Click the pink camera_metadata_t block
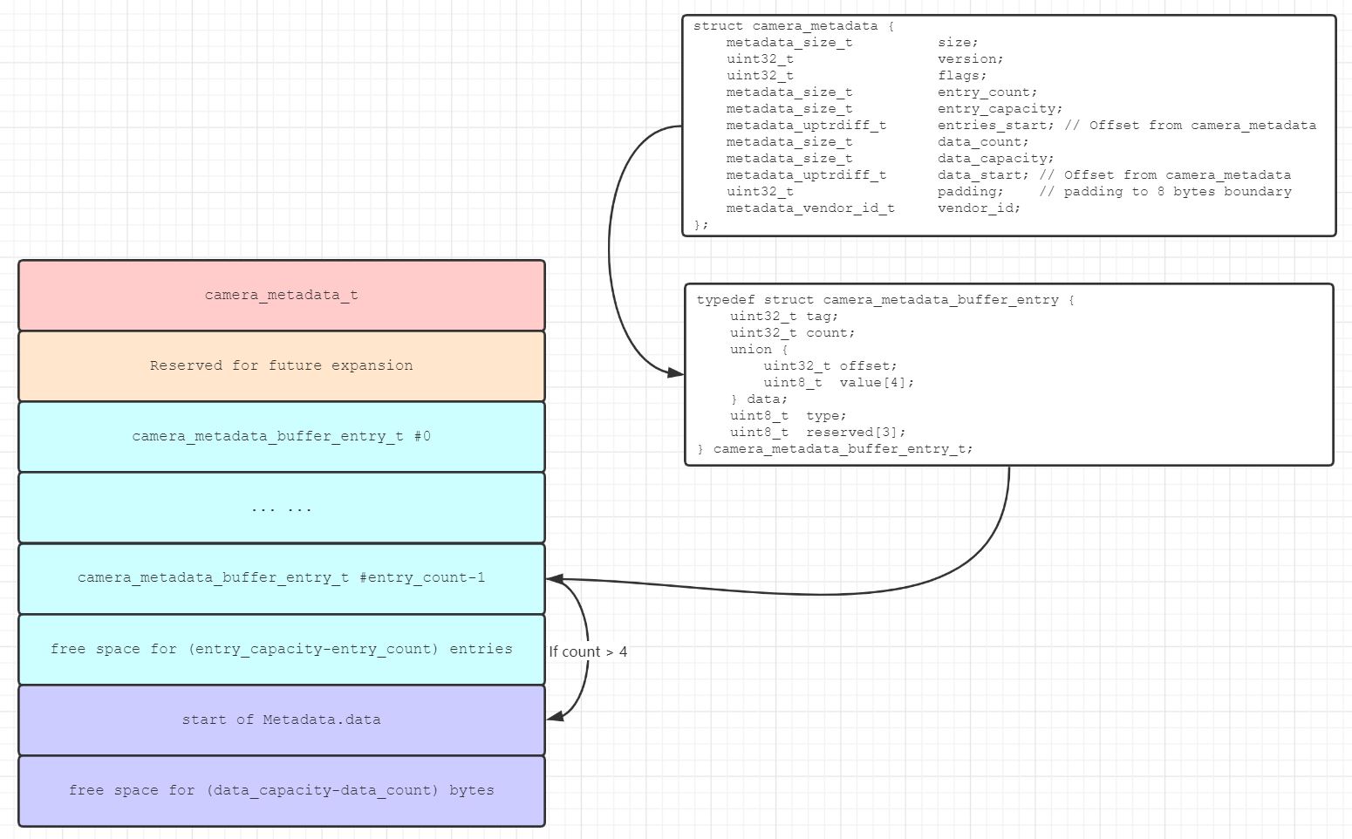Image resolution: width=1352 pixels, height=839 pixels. point(281,296)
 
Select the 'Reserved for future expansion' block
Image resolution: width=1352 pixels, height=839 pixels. point(281,366)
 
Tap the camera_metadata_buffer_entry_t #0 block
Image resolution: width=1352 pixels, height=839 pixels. point(281,437)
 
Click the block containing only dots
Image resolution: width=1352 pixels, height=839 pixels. point(281,508)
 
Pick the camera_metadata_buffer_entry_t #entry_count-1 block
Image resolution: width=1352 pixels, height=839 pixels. point(281,578)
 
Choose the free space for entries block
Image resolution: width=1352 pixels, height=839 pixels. point(281,649)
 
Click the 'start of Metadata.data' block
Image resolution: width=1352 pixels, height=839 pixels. point(281,720)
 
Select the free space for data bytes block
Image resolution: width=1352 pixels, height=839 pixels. point(281,791)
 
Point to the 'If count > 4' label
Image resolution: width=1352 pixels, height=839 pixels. point(588,652)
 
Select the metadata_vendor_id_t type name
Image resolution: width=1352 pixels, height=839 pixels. point(810,208)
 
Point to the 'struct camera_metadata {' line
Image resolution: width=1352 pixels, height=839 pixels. point(793,26)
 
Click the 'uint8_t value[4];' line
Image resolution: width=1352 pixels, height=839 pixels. point(838,383)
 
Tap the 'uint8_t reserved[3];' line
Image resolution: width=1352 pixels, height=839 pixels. point(817,433)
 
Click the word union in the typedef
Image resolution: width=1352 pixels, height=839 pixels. point(751,350)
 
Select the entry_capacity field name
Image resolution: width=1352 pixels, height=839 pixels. point(1000,109)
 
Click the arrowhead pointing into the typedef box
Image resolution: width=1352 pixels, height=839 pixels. point(675,373)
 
